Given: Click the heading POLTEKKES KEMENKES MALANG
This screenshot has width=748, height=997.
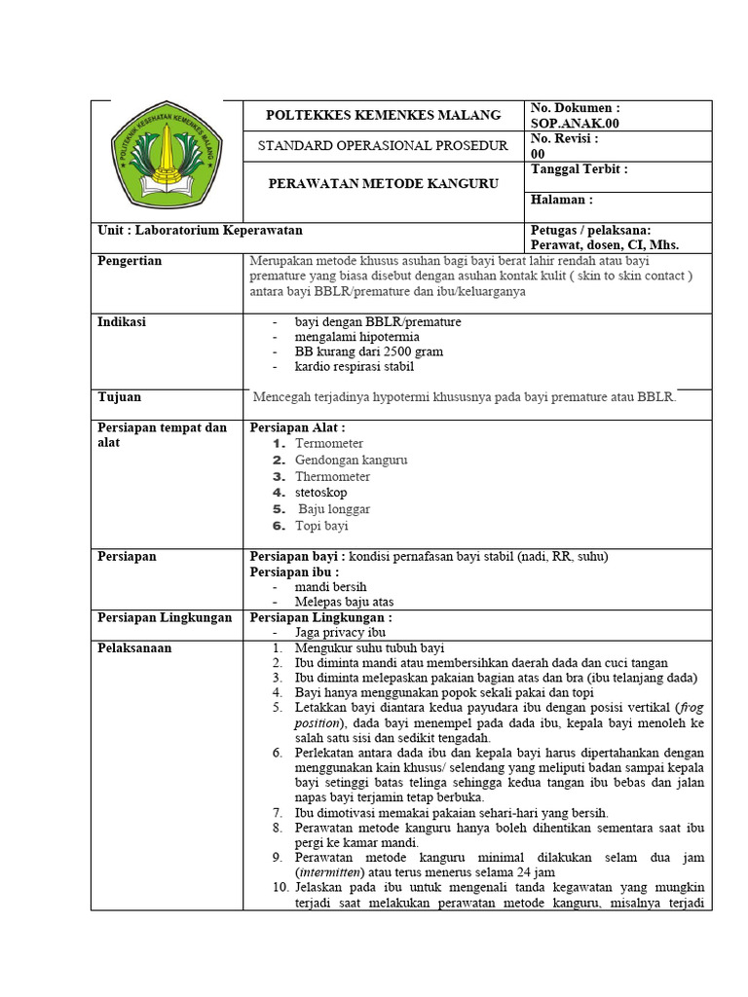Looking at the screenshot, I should (x=384, y=115).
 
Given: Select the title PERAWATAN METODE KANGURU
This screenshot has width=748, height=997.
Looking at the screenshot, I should (x=384, y=183).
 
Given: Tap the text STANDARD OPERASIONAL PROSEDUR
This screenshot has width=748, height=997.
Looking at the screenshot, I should (x=384, y=146).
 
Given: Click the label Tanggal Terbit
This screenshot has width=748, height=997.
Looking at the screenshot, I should (x=579, y=169).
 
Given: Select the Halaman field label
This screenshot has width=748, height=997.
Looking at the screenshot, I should (x=562, y=200).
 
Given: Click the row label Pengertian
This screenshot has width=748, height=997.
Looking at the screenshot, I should (x=131, y=261).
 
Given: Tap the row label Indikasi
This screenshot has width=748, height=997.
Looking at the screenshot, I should (x=122, y=321).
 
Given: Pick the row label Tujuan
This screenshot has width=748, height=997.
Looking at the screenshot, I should (x=120, y=397).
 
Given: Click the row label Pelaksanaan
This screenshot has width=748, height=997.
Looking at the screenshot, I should (x=135, y=646).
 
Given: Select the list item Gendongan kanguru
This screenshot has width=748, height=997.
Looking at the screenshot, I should (x=351, y=460).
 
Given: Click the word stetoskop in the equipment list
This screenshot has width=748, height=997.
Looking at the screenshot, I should (x=320, y=493).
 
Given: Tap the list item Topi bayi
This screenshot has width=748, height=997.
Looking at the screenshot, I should (x=321, y=526).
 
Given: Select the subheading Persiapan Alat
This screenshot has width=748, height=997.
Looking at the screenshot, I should (x=298, y=427).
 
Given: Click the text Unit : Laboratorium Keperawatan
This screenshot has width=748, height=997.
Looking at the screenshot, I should (x=201, y=231).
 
